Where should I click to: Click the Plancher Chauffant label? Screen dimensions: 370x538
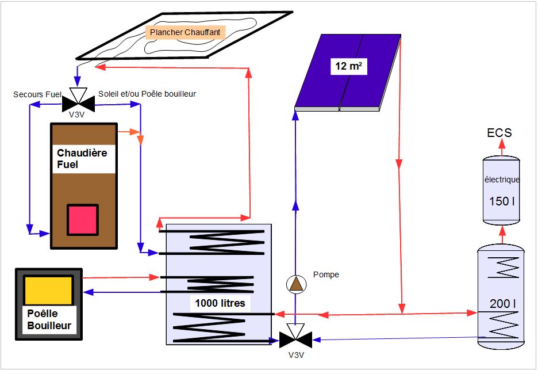(185, 33)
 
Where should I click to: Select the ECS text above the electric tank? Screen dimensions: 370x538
(499, 133)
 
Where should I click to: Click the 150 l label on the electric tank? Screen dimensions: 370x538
(500, 201)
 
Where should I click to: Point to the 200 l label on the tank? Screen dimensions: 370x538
(500, 303)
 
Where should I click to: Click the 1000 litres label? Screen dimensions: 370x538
(220, 303)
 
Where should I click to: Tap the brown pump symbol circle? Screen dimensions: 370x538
(295, 284)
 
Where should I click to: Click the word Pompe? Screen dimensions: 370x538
(326, 274)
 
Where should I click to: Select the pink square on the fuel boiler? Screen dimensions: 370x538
(83, 220)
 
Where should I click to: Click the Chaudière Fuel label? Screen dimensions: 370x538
(82, 159)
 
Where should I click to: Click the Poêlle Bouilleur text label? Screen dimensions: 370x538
(49, 321)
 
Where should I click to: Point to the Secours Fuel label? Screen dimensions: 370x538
(37, 94)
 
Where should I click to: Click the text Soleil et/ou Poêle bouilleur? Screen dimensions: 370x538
(147, 94)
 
